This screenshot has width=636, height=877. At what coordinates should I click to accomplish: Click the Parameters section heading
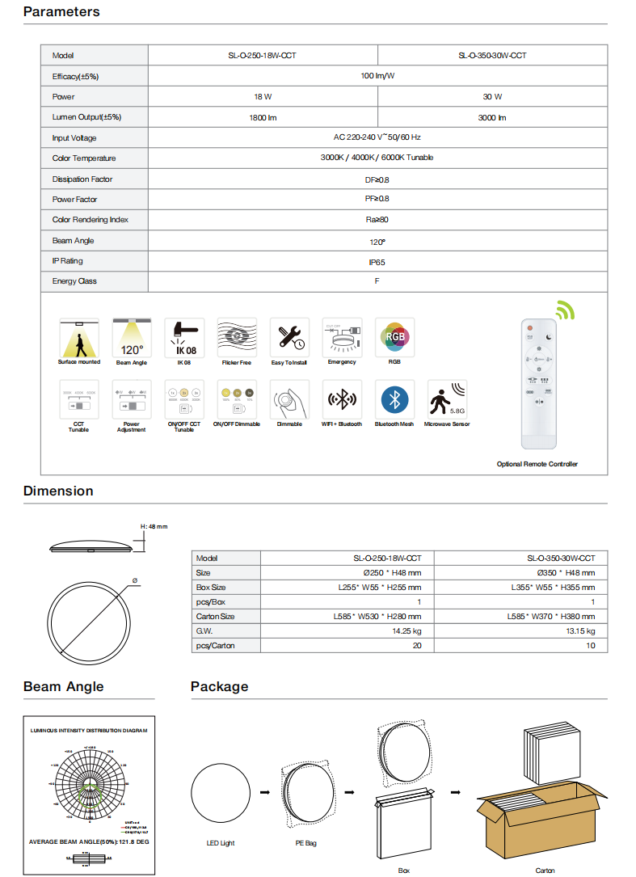tap(61, 11)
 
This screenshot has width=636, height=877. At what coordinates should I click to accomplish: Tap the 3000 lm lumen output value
tap(491, 117)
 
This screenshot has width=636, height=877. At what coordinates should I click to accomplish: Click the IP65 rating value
tap(377, 262)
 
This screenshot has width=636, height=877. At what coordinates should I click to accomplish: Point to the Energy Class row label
tap(75, 281)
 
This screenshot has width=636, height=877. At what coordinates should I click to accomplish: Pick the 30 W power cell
tap(492, 97)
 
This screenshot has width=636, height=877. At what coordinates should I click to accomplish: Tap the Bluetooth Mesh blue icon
tap(395, 399)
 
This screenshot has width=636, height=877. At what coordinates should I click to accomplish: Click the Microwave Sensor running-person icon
tap(447, 399)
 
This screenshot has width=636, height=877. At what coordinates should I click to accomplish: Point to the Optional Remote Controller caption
tap(537, 464)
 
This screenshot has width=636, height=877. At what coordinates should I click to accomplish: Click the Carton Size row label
tap(216, 617)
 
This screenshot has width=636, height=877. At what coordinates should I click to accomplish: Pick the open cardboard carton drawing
tap(542, 812)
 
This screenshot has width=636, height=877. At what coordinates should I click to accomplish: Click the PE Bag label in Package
tap(306, 843)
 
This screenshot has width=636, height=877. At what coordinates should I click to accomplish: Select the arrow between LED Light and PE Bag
tap(265, 791)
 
